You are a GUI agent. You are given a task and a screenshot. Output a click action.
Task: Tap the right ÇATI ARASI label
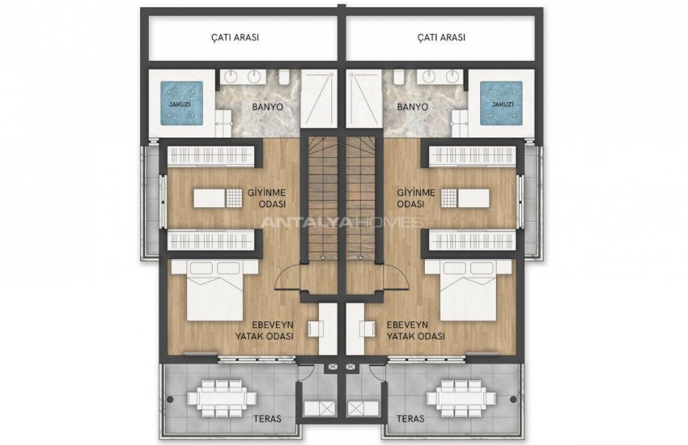[441, 37]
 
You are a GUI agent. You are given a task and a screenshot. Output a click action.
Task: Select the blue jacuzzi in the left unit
[181, 104]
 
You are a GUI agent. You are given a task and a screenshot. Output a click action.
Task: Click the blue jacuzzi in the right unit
[501, 104]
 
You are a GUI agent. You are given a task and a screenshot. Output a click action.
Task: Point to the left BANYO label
[268, 107]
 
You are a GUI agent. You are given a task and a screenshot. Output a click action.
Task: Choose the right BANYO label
[413, 107]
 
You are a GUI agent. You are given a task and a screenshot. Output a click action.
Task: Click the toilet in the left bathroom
[283, 78]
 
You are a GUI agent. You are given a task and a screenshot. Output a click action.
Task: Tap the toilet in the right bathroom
[399, 78]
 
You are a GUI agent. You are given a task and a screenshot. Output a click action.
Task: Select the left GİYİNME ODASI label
[267, 198]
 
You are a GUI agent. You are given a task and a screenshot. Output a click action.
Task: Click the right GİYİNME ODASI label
[416, 198]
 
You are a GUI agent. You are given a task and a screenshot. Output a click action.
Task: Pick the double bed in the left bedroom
[214, 290]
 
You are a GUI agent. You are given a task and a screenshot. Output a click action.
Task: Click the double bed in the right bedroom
[468, 290]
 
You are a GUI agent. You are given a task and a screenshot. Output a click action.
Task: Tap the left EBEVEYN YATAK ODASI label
[265, 331]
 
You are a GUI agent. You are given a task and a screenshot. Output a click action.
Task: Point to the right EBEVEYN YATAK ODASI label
[415, 331]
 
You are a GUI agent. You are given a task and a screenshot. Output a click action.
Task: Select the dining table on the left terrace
[222, 398]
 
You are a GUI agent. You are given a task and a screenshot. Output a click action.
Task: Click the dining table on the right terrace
[461, 398]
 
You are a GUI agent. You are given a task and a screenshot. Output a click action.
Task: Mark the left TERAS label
[267, 418]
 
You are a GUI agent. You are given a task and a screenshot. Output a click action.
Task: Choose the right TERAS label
[410, 418]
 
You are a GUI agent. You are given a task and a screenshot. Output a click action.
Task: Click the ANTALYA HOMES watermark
[342, 222]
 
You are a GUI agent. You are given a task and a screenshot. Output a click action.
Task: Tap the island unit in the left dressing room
[218, 198]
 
